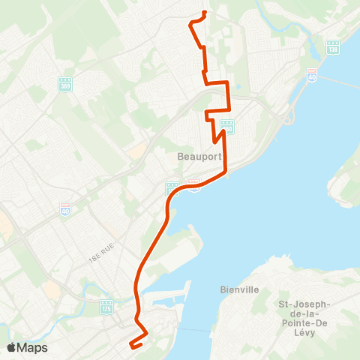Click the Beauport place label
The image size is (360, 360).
tap(196, 157)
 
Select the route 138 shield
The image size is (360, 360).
tap(332, 47)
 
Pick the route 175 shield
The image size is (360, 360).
tap(106, 306)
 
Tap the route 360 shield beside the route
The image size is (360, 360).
tap(227, 127)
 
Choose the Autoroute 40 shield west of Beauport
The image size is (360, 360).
tap(65, 208)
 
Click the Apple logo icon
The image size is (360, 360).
tap(11, 347)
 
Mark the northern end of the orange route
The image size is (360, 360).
tap(205, 13)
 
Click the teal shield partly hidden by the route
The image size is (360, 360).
tap(172, 187)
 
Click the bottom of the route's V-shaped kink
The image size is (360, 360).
tap(215, 140)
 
